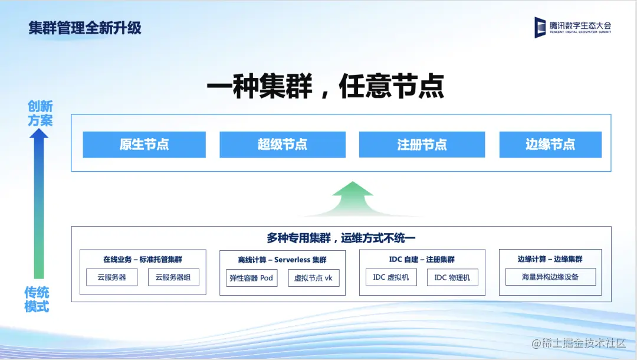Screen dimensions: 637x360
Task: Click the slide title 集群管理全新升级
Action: tap(85, 28)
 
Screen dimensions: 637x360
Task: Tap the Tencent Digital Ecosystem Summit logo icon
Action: tap(540, 28)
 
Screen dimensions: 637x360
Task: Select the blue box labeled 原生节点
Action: tap(145, 145)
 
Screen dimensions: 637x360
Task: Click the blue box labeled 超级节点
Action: tap(283, 145)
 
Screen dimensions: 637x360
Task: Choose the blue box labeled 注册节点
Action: tap(422, 145)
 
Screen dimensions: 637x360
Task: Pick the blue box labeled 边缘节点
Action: tap(550, 145)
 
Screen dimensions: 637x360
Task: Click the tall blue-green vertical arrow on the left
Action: tap(39, 204)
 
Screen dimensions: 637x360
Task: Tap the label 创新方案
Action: tap(40, 113)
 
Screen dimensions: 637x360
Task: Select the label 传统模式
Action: tap(37, 299)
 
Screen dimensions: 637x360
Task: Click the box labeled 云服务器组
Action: tap(173, 277)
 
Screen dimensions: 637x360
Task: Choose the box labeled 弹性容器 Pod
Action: tap(251, 278)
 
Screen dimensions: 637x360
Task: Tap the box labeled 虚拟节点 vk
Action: tap(314, 278)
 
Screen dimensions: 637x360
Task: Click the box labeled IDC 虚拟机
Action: tap(391, 277)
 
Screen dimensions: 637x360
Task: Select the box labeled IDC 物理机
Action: tap(452, 277)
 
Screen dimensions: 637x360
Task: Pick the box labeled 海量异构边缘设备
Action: tap(550, 277)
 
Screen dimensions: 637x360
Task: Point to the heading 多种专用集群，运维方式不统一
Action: tap(341, 238)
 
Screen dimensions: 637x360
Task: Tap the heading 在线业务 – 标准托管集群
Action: tap(143, 259)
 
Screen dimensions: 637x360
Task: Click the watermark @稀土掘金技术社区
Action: tap(579, 343)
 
